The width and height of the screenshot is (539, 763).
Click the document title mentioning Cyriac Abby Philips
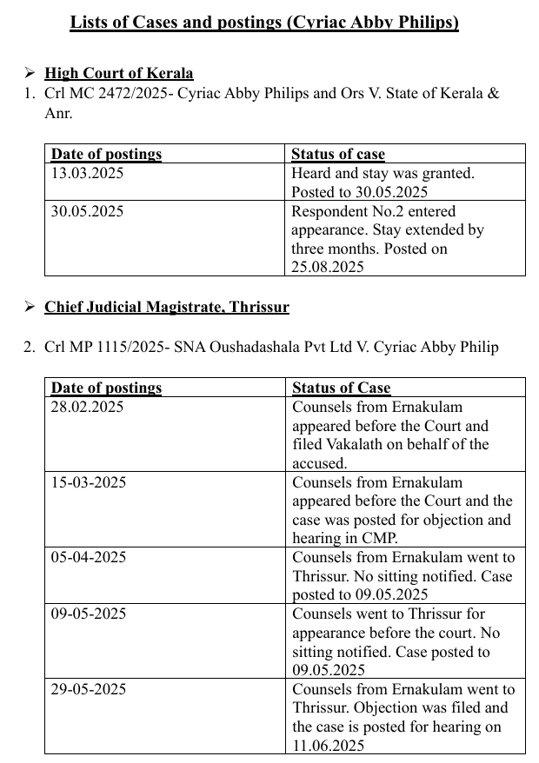tap(263, 22)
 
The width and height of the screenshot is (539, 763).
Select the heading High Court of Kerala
tap(119, 73)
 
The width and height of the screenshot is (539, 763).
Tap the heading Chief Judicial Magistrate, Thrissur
tap(167, 307)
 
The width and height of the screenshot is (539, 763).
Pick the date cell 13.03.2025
tap(87, 173)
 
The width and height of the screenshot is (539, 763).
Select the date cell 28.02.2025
tap(87, 407)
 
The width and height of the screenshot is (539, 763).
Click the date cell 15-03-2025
tap(88, 482)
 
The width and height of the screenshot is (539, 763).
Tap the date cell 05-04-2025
tap(88, 558)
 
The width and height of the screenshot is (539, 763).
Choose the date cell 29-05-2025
tap(88, 689)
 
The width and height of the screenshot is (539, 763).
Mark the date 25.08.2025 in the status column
tap(328, 267)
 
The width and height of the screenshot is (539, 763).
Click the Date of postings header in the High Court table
tap(106, 154)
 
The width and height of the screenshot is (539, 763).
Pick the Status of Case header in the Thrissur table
tap(341, 388)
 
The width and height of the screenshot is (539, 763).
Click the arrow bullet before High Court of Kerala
tap(30, 73)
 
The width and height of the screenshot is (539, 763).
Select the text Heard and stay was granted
tap(383, 173)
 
